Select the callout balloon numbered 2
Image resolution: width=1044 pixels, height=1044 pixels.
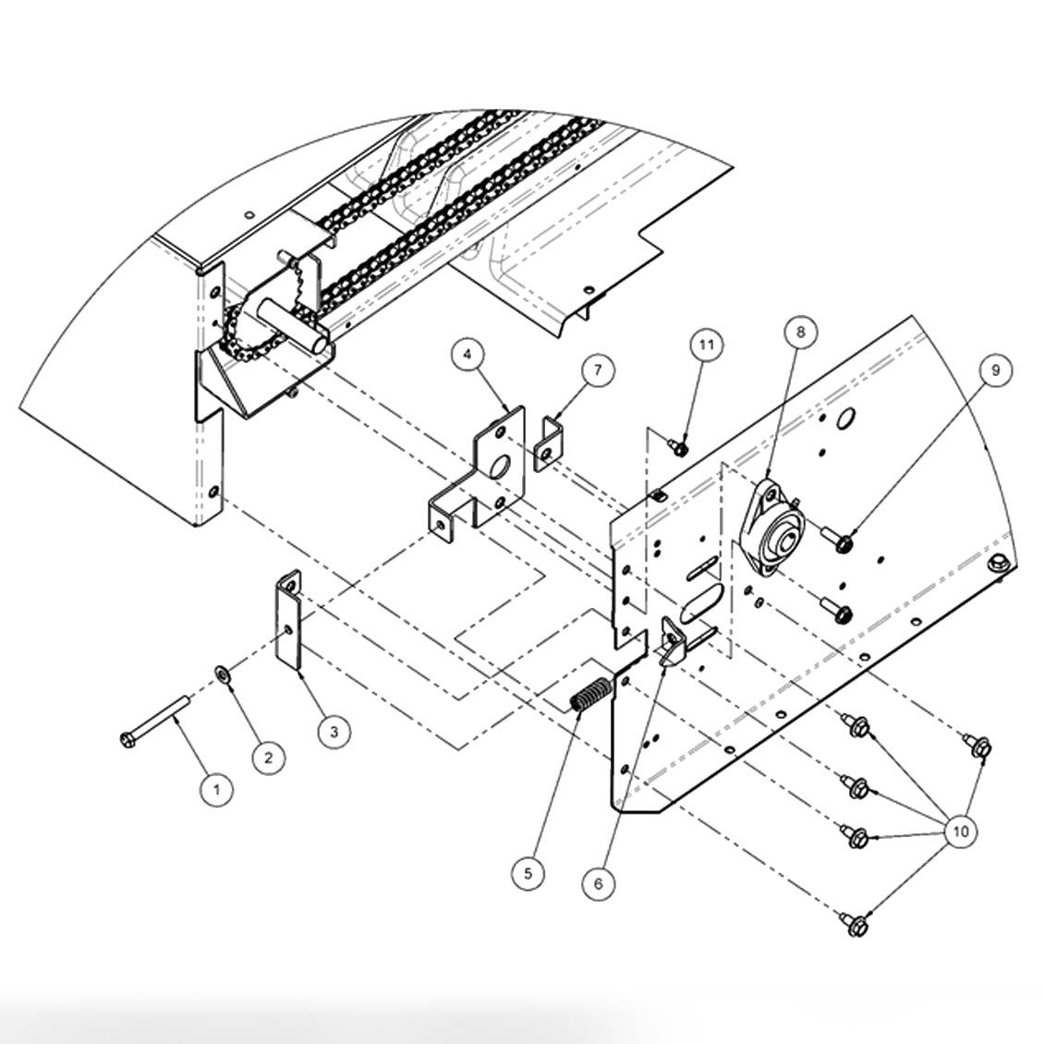click(x=268, y=758)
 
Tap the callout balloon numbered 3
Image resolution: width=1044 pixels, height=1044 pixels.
click(x=334, y=732)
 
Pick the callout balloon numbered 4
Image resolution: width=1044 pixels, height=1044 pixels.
click(x=468, y=354)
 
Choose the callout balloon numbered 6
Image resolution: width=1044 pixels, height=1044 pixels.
click(x=598, y=883)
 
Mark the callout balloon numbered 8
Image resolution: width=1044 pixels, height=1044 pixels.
click(x=800, y=330)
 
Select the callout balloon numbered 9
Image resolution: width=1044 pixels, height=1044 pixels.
click(x=995, y=370)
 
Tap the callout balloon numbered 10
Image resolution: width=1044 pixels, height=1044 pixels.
click(x=960, y=831)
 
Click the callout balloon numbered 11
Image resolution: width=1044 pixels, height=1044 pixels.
click(x=707, y=346)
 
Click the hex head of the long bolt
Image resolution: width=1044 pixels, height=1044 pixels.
click(x=127, y=738)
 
